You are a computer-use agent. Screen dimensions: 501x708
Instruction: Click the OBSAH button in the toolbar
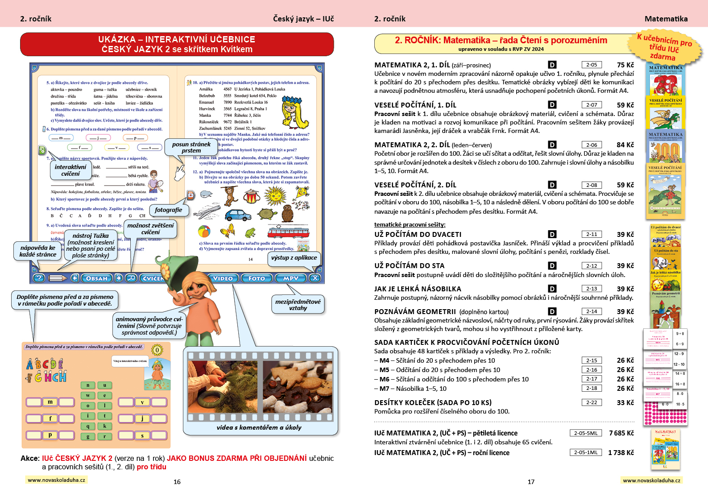tap(96, 278)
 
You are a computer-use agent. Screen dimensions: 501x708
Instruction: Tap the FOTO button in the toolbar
tap(257, 278)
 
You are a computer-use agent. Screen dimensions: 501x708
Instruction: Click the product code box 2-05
tap(592, 65)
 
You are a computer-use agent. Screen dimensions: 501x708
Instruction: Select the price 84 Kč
tap(625, 145)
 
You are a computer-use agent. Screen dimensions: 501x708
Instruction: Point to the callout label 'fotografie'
tap(168, 210)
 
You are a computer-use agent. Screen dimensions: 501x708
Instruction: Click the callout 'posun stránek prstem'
tap(191, 147)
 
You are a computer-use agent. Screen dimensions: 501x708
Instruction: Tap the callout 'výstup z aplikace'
tap(294, 257)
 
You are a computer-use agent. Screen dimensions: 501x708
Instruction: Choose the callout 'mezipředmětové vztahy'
tap(298, 305)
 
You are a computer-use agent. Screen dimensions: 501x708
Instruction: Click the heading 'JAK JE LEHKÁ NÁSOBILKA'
tap(418, 289)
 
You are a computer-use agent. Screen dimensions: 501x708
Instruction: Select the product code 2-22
tap(592, 402)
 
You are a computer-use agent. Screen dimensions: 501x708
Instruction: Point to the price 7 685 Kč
tap(621, 433)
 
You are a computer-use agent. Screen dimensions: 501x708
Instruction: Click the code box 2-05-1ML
tap(585, 452)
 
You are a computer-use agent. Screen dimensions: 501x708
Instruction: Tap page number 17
tap(531, 482)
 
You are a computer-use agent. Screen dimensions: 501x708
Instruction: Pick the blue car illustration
tap(238, 215)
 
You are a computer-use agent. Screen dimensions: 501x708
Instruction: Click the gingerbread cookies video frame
tap(297, 387)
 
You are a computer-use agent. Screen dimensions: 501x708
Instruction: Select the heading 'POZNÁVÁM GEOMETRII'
tap(415, 311)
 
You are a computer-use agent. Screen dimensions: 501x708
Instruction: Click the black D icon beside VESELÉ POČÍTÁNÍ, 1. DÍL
tap(552, 105)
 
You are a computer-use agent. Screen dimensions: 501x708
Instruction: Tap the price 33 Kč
tap(625, 402)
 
